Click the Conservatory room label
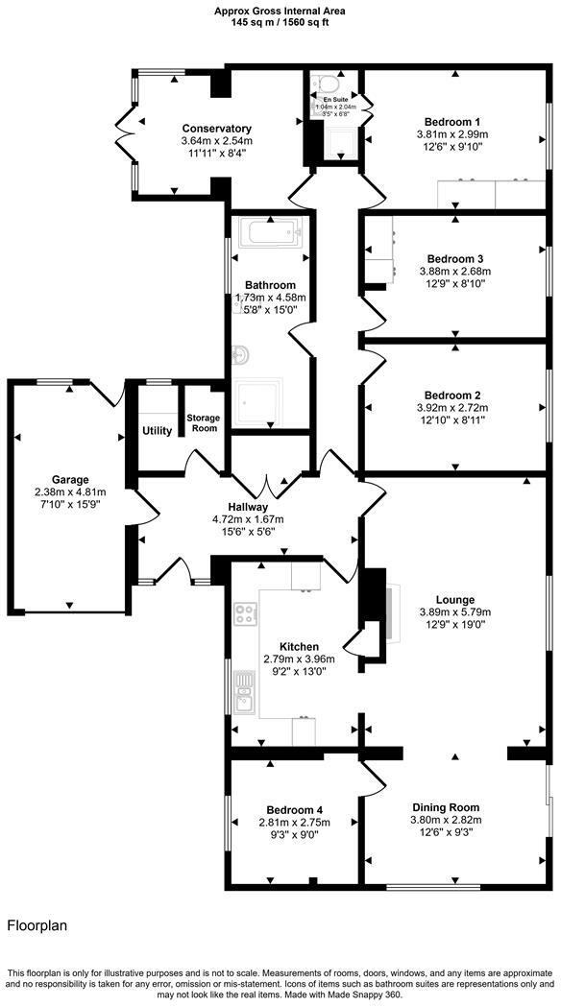click(x=217, y=129)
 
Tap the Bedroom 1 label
click(x=452, y=122)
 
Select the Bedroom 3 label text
click(x=454, y=259)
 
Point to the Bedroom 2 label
click(x=454, y=395)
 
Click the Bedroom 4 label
click(x=294, y=809)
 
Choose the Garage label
click(x=70, y=479)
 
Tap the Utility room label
click(x=157, y=431)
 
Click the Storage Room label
click(x=203, y=423)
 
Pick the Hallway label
click(x=248, y=507)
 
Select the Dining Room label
click(x=446, y=807)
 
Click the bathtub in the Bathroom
click(x=269, y=233)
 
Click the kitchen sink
click(x=244, y=693)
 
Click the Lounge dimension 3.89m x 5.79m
click(x=454, y=612)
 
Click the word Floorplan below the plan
click(x=37, y=926)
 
